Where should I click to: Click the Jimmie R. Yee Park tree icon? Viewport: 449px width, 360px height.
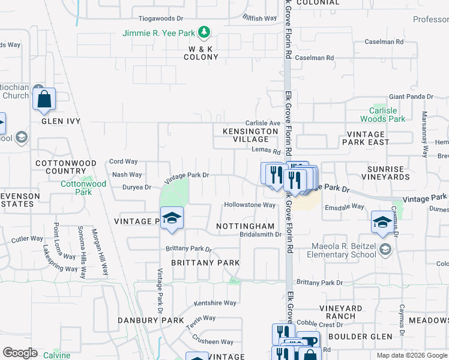[205, 31]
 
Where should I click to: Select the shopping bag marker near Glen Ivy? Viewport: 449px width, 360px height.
[44, 100]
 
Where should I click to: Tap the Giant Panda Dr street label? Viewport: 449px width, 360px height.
[411, 97]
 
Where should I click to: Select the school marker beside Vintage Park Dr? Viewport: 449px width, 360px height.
[172, 219]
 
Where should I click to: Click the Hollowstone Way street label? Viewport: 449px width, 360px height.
[250, 205]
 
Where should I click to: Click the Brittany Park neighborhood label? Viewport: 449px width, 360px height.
[205, 263]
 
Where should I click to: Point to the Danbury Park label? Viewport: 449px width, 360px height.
[151, 320]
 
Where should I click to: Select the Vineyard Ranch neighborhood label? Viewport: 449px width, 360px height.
[340, 312]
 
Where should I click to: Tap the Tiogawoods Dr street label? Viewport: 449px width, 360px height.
[160, 19]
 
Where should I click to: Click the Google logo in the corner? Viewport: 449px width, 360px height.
[20, 353]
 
